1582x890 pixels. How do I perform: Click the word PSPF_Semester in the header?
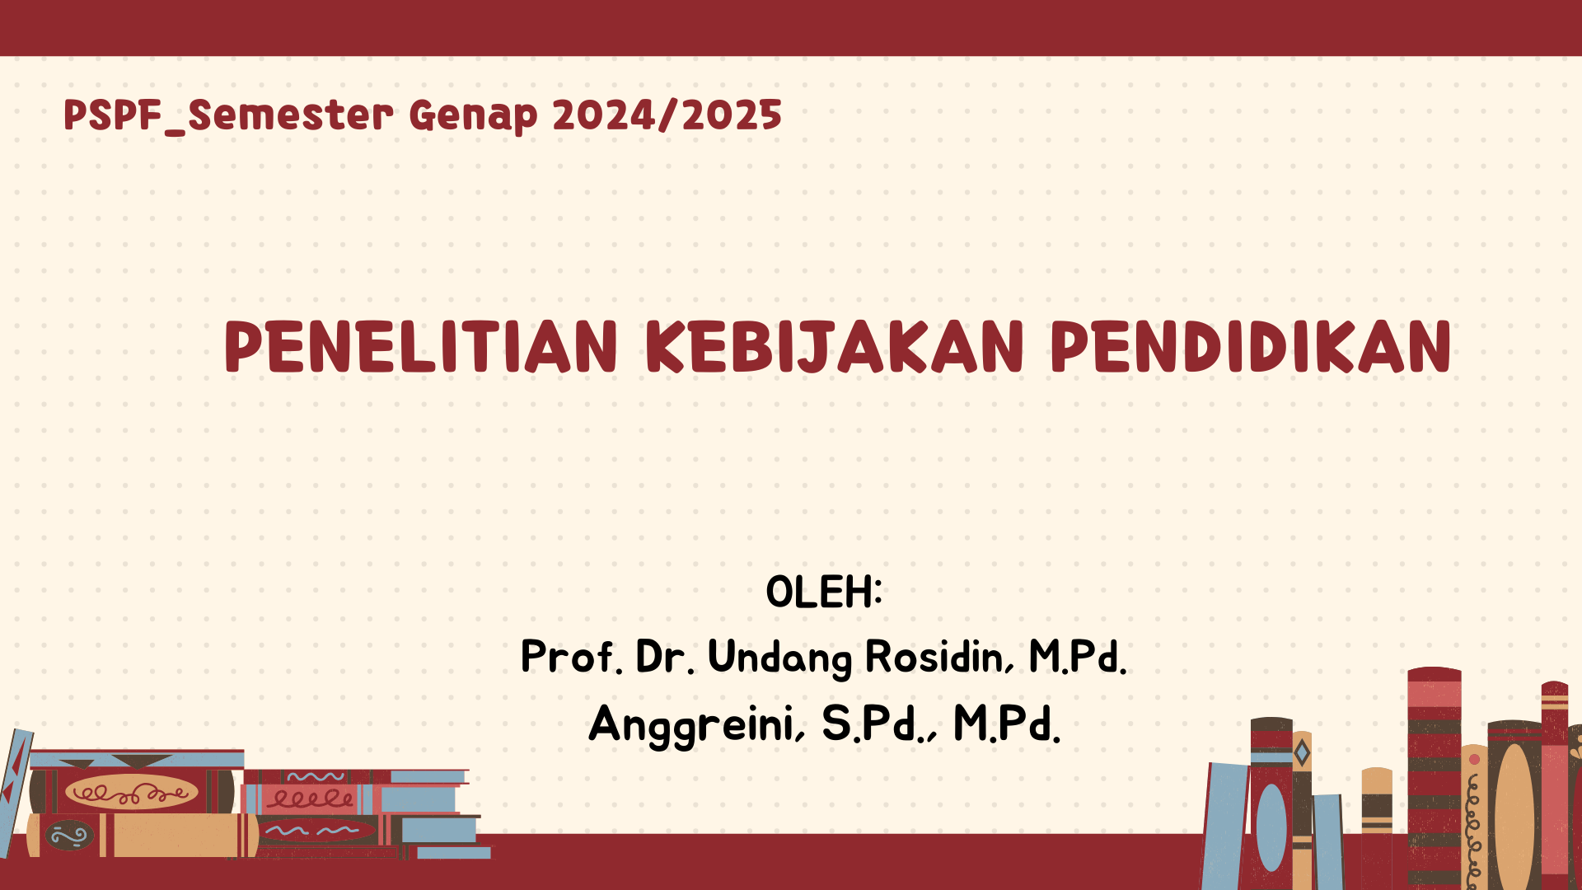[228, 115]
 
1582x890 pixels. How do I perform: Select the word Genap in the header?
[473, 116]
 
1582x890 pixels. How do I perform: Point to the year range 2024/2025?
[667, 115]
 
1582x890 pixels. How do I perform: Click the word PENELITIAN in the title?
[421, 347]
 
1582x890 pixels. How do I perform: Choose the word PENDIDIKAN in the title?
[1251, 347]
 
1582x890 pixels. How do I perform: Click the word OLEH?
[824, 592]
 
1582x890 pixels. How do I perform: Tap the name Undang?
[780, 658]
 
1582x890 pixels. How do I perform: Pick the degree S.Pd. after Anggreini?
[879, 724]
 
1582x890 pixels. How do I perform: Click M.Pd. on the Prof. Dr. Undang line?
[1078, 657]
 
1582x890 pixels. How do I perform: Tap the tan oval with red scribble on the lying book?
[132, 793]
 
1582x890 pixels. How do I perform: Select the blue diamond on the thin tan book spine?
[1302, 752]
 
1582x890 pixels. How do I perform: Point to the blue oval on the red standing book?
[1271, 827]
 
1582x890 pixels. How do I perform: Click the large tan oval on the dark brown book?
[1514, 816]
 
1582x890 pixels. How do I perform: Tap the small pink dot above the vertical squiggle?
[1474, 759]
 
